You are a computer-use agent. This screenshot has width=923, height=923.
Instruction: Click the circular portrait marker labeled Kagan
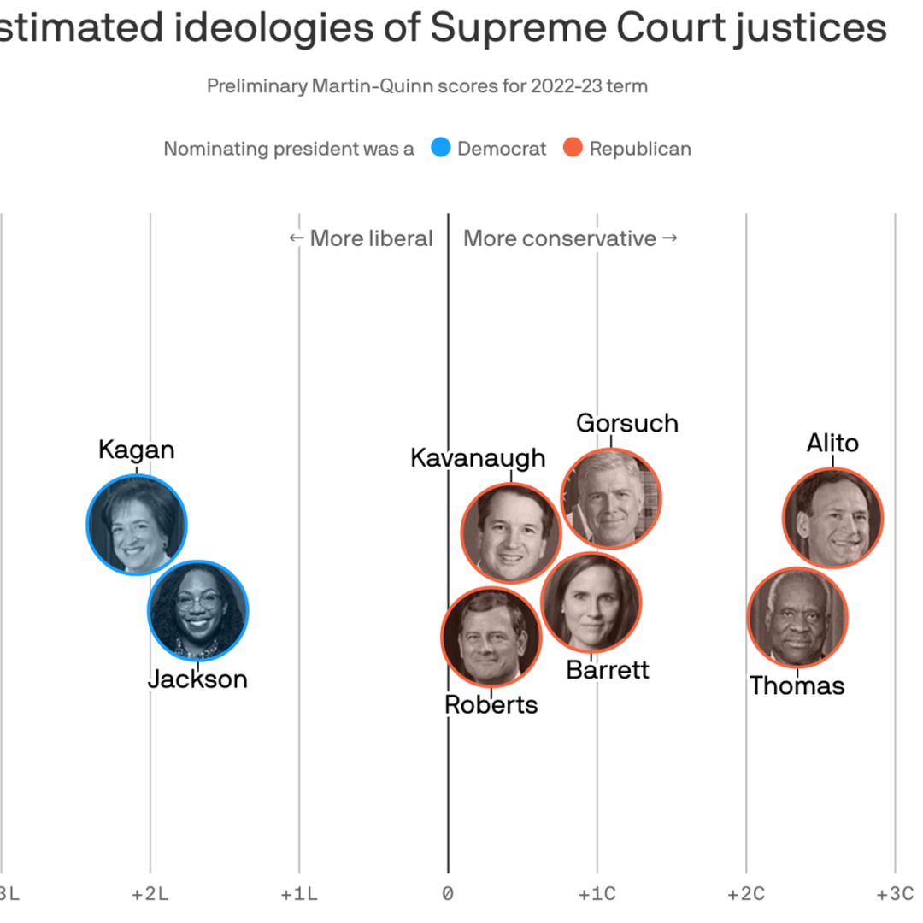(137, 524)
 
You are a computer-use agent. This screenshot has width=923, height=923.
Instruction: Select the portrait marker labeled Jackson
(197, 609)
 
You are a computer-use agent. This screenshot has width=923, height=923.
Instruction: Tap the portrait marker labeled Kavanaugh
(511, 532)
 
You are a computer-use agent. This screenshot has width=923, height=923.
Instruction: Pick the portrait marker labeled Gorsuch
(610, 497)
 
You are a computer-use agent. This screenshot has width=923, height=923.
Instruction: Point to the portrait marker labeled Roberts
(491, 637)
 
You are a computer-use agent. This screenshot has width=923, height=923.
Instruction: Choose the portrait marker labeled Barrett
(591, 602)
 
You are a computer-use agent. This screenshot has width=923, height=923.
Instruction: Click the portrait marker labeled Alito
(832, 517)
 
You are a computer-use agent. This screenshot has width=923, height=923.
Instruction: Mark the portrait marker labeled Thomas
(797, 617)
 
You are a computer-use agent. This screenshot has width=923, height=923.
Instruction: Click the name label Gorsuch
(626, 423)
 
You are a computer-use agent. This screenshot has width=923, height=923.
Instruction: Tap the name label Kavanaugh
(478, 457)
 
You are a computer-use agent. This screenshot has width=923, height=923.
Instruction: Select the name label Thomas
(797, 685)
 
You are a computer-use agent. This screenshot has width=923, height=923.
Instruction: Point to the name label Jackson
(197, 679)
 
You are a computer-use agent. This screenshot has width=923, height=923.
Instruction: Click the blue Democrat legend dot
(439, 148)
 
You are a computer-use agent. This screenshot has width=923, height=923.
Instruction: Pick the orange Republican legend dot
(573, 148)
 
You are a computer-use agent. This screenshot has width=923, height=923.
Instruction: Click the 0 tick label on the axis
(447, 894)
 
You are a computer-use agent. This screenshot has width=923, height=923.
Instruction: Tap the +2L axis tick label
(150, 894)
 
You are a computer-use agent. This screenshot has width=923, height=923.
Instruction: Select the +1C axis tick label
(597, 894)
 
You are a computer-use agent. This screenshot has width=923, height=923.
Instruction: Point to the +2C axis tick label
(745, 894)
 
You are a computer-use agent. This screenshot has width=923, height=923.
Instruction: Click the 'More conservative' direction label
(560, 238)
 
